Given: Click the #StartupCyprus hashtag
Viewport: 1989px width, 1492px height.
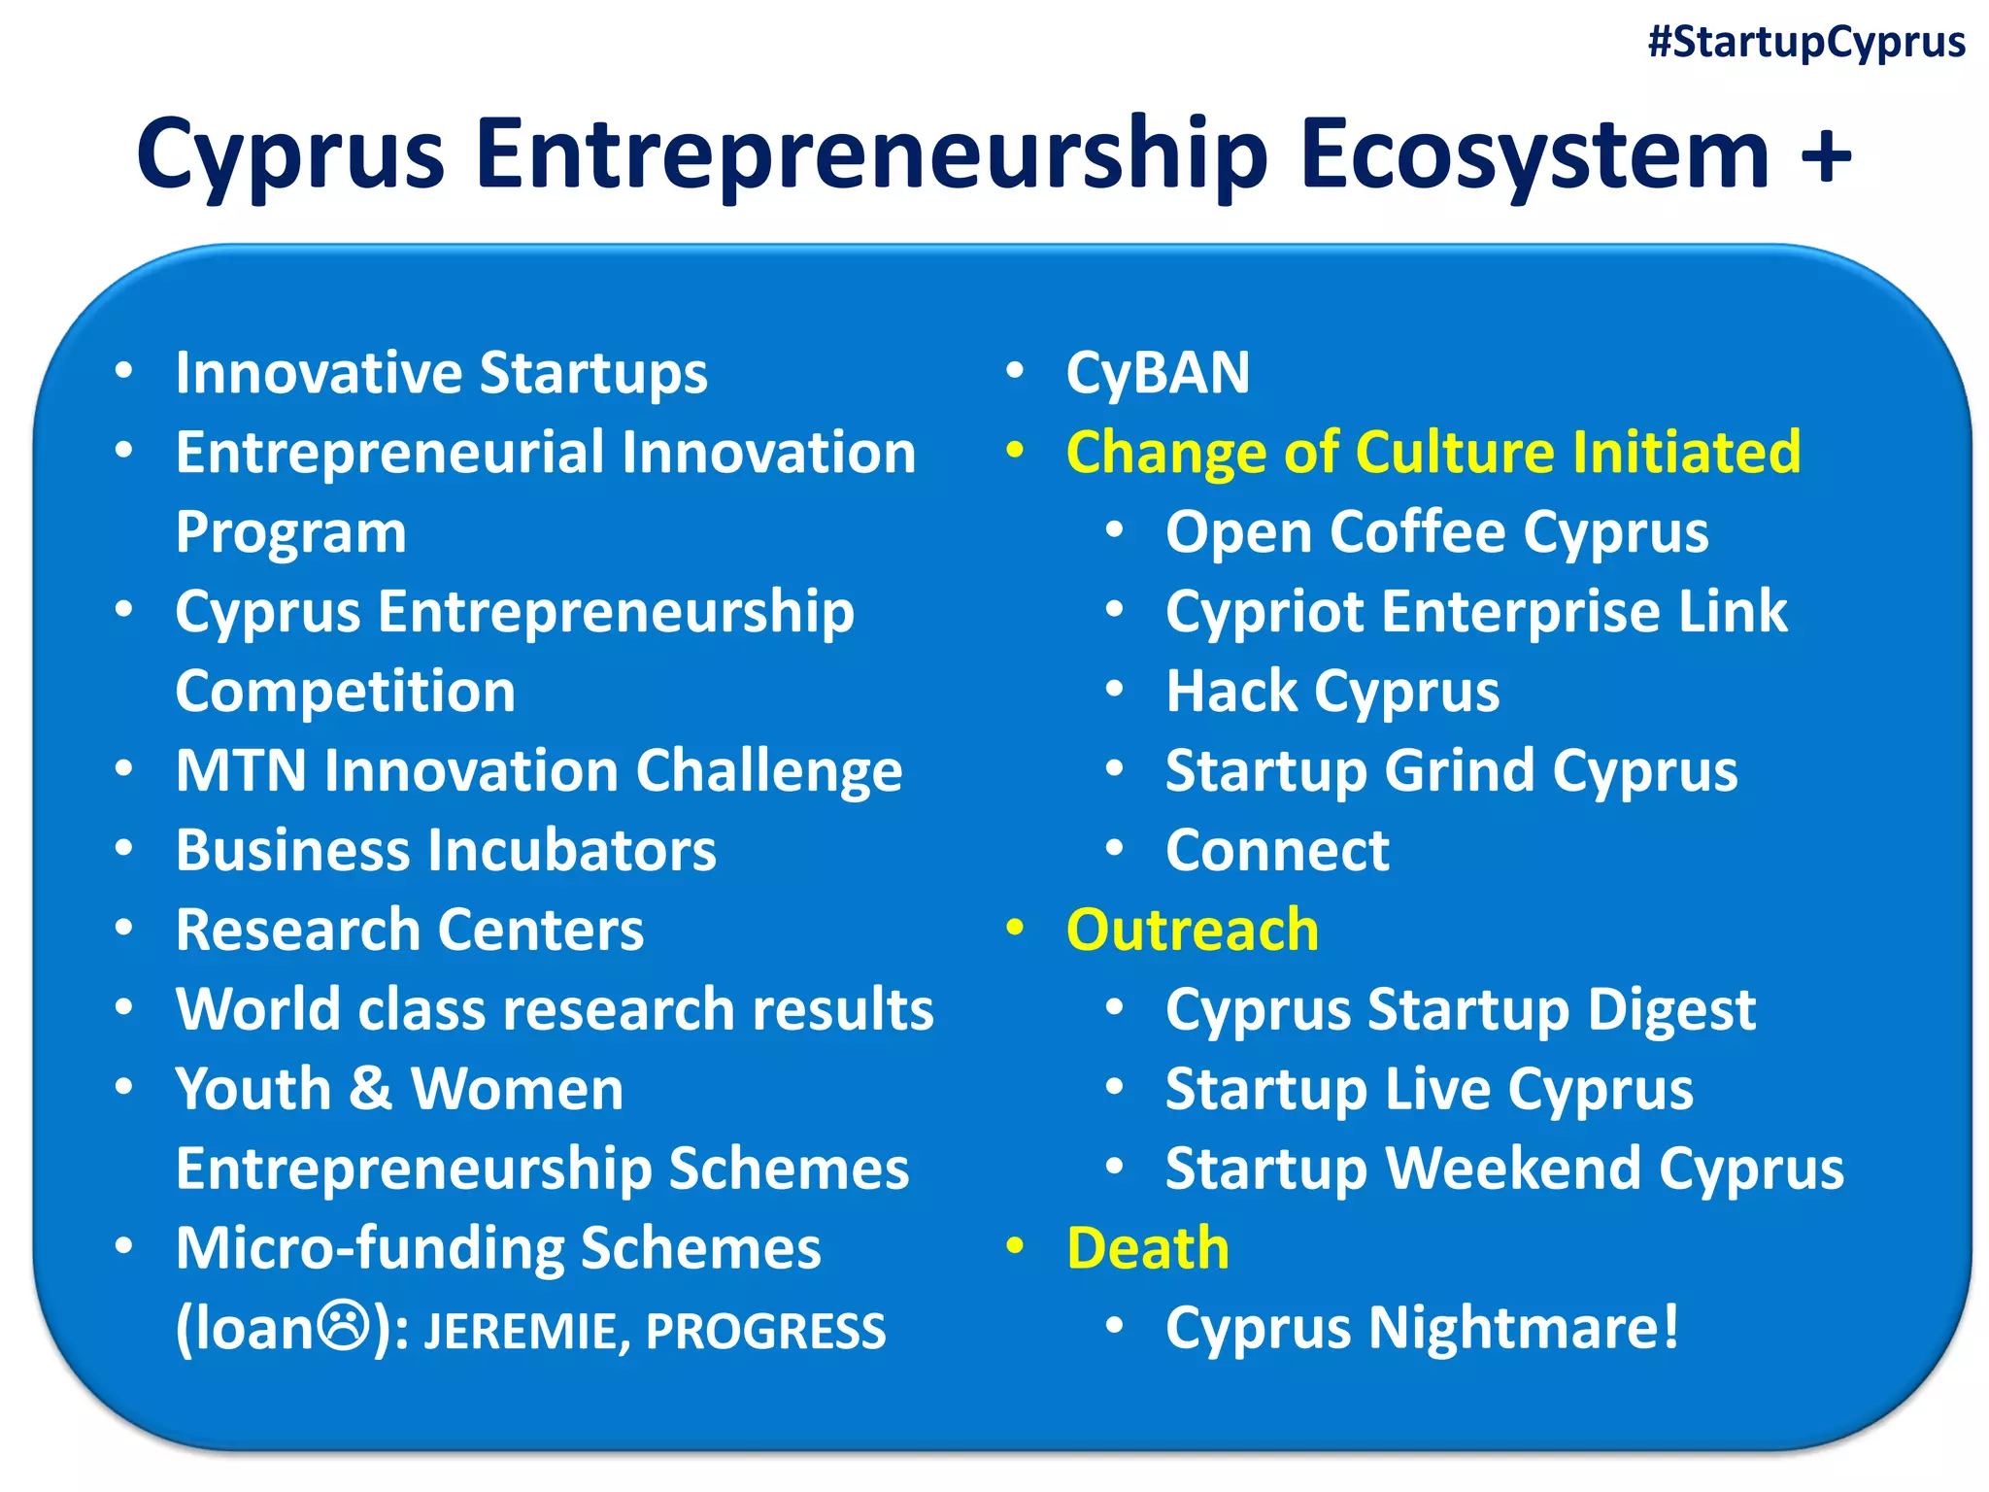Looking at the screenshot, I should (x=1806, y=43).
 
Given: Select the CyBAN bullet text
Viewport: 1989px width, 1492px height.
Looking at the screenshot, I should (x=1158, y=373).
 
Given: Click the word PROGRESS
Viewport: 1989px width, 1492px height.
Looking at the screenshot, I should (x=765, y=1332).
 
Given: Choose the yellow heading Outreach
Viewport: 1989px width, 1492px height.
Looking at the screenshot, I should (x=1193, y=931).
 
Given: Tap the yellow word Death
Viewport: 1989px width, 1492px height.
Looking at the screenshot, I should (x=1148, y=1248).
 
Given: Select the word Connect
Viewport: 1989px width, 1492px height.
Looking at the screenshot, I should (x=1277, y=851).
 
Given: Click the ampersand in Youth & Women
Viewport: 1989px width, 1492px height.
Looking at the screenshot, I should (x=370, y=1089).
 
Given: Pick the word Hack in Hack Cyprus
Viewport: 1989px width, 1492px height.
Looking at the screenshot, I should (x=1230, y=692).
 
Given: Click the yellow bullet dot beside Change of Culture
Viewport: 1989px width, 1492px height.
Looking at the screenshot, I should (x=1015, y=451).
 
